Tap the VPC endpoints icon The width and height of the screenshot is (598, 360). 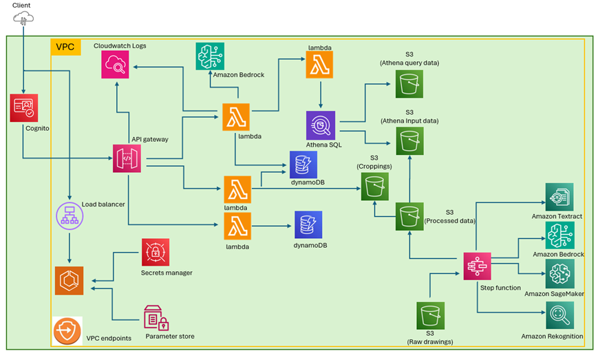[67, 331]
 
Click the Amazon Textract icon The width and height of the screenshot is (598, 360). [559, 198]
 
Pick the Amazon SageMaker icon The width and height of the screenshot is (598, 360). [559, 274]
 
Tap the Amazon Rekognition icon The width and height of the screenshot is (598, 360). [559, 316]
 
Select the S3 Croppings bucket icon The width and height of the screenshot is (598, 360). [375, 185]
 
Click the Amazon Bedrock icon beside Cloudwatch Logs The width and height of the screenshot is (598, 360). [210, 56]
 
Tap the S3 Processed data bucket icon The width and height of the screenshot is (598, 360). [409, 217]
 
